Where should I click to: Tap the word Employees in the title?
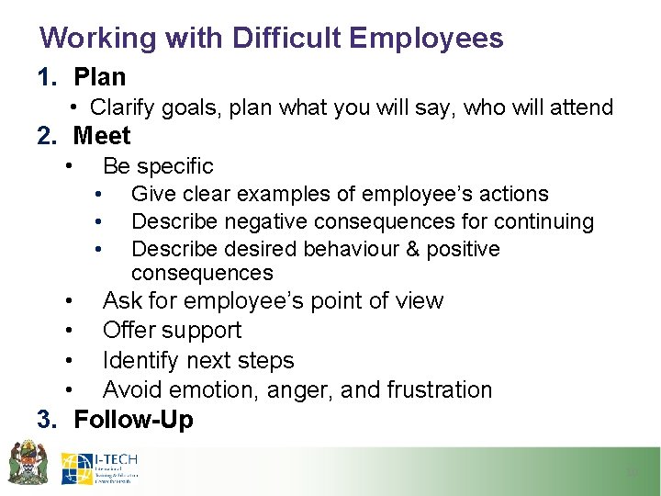[x=427, y=38]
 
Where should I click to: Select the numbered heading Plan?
[x=99, y=77]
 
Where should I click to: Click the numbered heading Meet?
[x=102, y=136]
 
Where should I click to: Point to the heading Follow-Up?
[x=133, y=420]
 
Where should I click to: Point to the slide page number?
[x=631, y=472]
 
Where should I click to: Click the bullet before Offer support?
[x=70, y=331]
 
